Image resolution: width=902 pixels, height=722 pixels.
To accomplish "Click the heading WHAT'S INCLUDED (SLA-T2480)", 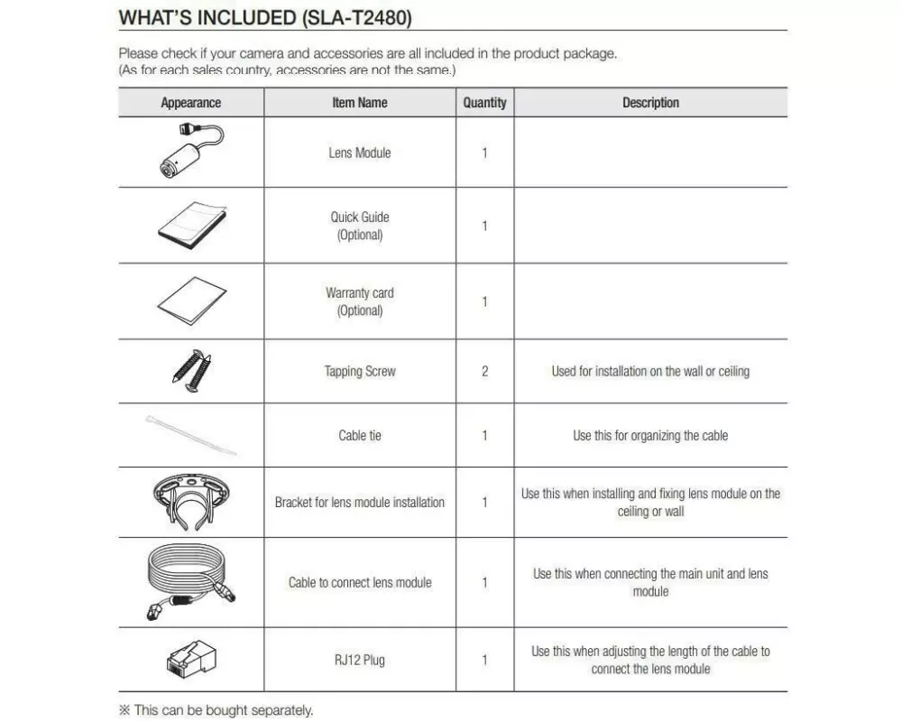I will pyautogui.click(x=265, y=18).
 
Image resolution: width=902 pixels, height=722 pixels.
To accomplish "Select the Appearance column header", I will pyautogui.click(x=190, y=103).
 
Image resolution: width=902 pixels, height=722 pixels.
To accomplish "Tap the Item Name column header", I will pyautogui.click(x=359, y=103).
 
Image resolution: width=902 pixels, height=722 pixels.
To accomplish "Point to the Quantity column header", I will pyautogui.click(x=484, y=103).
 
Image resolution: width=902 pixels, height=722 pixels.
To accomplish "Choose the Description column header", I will pyautogui.click(x=650, y=103).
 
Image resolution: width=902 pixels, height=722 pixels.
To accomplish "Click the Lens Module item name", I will pyautogui.click(x=359, y=153).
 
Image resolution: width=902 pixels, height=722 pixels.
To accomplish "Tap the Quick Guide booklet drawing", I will pyautogui.click(x=191, y=226).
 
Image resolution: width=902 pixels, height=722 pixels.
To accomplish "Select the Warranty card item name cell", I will pyautogui.click(x=359, y=301).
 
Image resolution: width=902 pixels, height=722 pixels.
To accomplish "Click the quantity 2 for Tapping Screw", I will pyautogui.click(x=484, y=371).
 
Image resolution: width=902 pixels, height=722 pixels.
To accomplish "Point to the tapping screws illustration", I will pyautogui.click(x=192, y=370).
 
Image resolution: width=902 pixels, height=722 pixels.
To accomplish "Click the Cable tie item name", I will pyautogui.click(x=359, y=435).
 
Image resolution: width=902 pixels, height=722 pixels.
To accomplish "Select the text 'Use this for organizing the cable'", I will pyautogui.click(x=650, y=435).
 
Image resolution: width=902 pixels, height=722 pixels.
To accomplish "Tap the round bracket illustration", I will pyautogui.click(x=191, y=502).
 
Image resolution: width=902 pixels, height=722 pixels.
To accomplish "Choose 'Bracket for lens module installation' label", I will pyautogui.click(x=359, y=503).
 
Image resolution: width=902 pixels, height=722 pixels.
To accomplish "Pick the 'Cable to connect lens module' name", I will pyautogui.click(x=359, y=583).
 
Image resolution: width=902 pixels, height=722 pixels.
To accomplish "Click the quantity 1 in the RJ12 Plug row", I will pyautogui.click(x=484, y=660).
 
